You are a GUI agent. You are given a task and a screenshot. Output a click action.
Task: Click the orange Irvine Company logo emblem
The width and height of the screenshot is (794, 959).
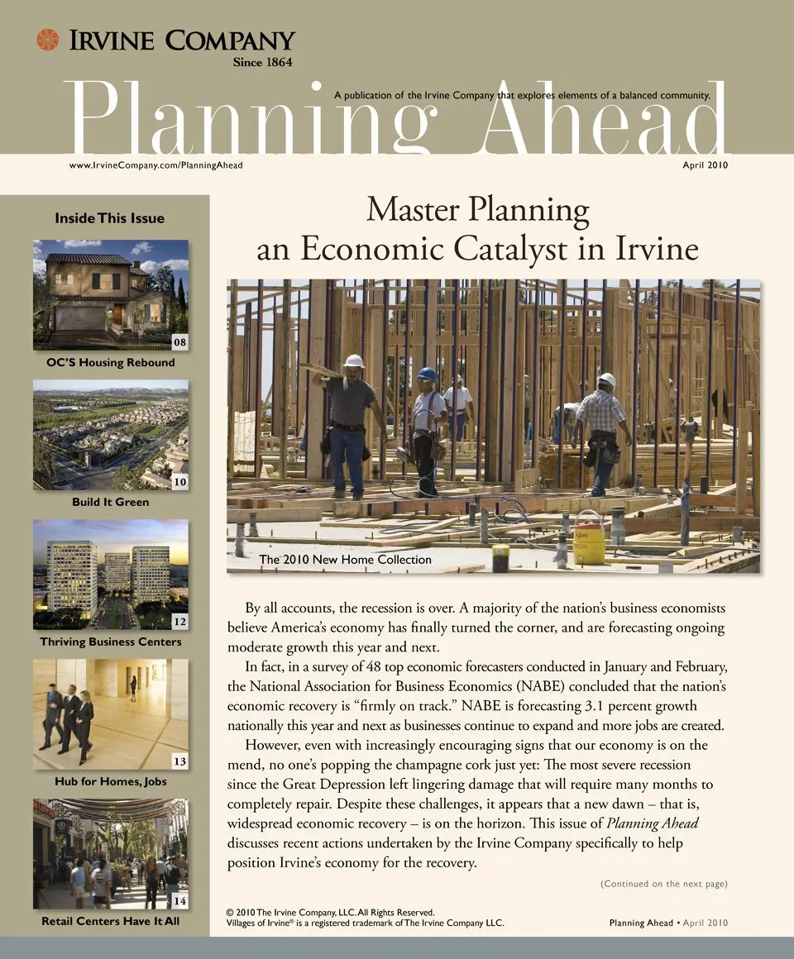[48, 40]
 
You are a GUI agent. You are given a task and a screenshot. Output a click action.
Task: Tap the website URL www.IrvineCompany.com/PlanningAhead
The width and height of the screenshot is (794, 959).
[155, 165]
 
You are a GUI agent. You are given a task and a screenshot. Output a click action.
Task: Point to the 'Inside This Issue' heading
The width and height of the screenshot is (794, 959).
[110, 218]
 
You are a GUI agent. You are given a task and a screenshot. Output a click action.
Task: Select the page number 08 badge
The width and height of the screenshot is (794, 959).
[179, 341]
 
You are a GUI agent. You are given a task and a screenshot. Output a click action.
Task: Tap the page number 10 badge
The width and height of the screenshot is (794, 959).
[179, 481]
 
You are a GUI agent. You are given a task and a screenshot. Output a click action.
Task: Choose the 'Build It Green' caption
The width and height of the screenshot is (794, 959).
[110, 502]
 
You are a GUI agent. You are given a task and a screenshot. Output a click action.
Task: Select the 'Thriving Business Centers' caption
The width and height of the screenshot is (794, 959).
[110, 642]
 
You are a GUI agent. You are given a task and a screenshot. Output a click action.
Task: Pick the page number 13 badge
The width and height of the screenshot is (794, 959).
[179, 761]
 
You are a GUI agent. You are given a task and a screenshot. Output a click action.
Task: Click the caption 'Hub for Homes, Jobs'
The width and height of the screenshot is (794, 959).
[110, 781]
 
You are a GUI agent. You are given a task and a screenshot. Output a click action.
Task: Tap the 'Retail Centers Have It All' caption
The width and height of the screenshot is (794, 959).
[110, 921]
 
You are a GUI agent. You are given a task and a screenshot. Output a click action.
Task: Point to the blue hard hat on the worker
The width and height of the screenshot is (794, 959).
[427, 375]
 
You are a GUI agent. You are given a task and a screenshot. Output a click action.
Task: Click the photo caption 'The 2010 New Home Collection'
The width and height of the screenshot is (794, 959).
[345, 560]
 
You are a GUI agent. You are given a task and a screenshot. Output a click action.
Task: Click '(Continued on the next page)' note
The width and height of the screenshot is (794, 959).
[663, 884]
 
